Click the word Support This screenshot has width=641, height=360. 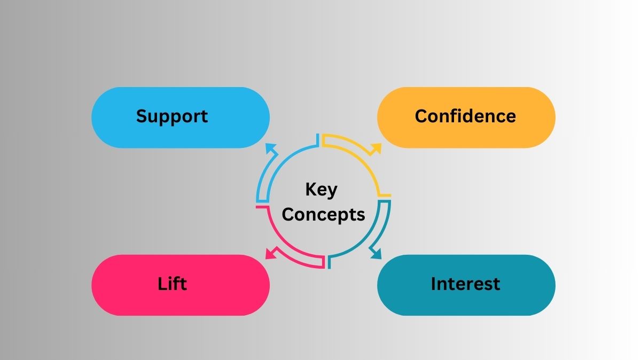[171, 116]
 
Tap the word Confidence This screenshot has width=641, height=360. [465, 116]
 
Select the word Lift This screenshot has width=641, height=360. [172, 284]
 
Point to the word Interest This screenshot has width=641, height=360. [465, 284]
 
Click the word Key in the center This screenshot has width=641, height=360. [322, 190]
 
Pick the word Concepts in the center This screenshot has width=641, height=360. [324, 215]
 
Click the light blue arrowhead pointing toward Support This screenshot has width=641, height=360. [271, 149]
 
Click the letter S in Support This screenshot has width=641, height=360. [142, 116]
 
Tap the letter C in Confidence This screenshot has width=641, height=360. [421, 116]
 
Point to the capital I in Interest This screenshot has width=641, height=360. [434, 284]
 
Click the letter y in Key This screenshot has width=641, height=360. [332, 192]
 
